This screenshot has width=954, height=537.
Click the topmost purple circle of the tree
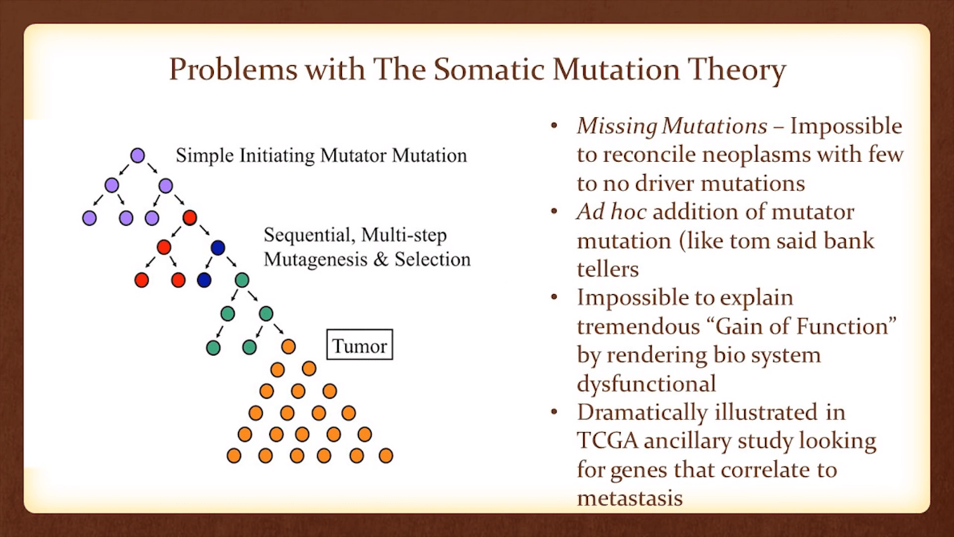pyautogui.click(x=137, y=155)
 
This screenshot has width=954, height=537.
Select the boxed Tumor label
pyautogui.click(x=360, y=346)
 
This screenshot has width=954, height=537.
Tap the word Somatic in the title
pyautogui.click(x=479, y=71)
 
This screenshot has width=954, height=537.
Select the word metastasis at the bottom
pyautogui.click(x=630, y=498)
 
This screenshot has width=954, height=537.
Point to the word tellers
pyautogui.click(x=607, y=269)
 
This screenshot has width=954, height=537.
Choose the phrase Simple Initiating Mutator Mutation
pyautogui.click(x=321, y=155)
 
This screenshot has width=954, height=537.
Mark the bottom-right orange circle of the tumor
pyautogui.click(x=385, y=455)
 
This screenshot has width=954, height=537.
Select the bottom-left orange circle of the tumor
pyautogui.click(x=234, y=455)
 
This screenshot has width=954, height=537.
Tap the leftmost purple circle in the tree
pyautogui.click(x=90, y=217)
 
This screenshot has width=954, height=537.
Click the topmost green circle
pyautogui.click(x=242, y=280)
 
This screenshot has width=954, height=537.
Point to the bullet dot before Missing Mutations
pyautogui.click(x=554, y=127)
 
